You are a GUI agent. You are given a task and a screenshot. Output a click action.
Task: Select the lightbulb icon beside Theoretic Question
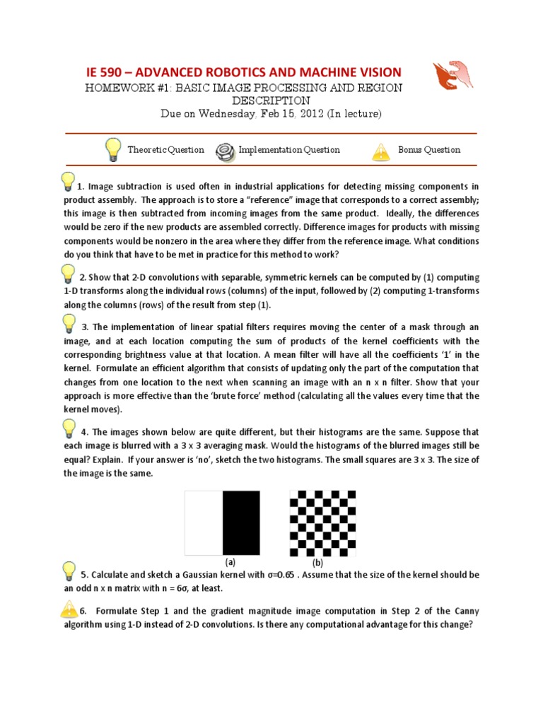coord(112,150)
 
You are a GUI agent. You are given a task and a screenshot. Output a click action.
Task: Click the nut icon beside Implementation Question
coord(226,150)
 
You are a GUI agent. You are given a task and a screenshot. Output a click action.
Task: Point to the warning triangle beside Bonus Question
coord(381,151)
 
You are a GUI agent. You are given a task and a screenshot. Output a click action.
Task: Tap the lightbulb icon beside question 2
coord(68,274)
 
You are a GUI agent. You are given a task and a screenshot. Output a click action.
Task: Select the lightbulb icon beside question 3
coord(69,323)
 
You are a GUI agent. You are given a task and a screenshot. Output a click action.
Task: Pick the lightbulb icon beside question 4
coord(69,428)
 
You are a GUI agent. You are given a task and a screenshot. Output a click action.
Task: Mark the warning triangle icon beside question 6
coord(69,609)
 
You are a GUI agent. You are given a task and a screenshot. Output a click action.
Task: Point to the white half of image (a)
coord(204,523)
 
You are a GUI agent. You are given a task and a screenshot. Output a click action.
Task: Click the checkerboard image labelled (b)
coord(318,523)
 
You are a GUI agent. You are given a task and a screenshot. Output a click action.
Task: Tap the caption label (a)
coord(230,562)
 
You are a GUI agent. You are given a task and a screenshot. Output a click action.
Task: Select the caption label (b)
coord(318,564)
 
